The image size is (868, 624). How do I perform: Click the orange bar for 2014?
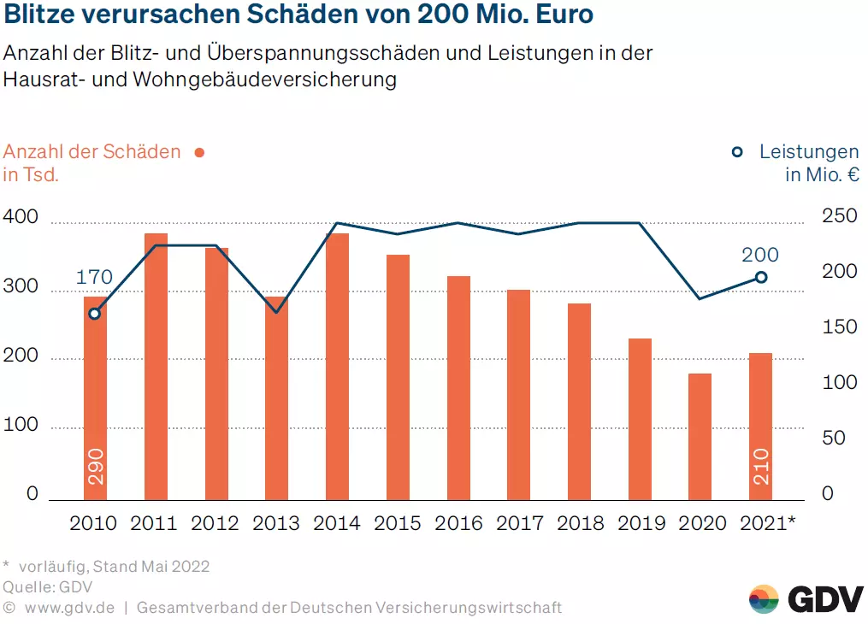coord(337,367)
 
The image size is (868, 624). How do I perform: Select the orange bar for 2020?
coord(700,437)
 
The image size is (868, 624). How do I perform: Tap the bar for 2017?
coord(519,395)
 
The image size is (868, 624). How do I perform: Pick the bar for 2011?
coord(156,367)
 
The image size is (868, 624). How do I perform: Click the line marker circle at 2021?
coord(761,277)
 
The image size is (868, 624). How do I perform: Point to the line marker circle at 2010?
coord(95,314)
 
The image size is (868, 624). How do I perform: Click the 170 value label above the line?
coord(94,277)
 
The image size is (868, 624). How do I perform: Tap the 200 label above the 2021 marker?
coord(760,255)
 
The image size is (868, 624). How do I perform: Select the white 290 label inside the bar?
coord(96,467)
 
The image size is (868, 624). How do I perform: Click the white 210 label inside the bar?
coord(761,467)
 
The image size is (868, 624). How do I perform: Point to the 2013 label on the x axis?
coord(275,523)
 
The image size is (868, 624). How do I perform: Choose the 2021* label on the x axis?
coord(768,523)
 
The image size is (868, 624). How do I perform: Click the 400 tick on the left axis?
coord(21,216)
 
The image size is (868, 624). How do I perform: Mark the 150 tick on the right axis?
coord(839,327)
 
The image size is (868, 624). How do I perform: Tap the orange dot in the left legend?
coord(200,153)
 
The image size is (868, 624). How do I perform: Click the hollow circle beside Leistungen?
coord(737,152)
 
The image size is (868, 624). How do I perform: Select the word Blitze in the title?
coord(39,15)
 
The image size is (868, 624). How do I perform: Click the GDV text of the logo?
coord(825,600)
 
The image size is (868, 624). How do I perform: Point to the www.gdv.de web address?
coord(70,608)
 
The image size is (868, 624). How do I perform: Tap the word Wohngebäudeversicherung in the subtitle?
coord(264,79)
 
